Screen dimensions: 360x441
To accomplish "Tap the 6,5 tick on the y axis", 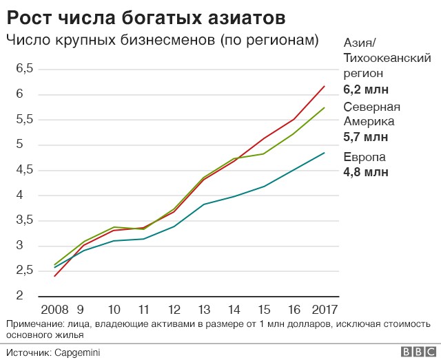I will [25, 68].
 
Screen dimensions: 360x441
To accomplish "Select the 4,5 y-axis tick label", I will [25, 170].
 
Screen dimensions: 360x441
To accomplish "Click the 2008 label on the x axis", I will [54, 309].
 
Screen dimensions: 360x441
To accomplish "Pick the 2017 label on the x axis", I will [324, 309].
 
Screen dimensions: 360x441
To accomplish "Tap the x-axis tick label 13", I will [203, 309].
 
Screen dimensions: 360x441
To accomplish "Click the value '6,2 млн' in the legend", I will [366, 89].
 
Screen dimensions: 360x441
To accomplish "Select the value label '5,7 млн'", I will [366, 137].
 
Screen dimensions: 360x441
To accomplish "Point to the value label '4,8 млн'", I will [366, 172].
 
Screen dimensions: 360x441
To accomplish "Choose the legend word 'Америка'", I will [370, 122].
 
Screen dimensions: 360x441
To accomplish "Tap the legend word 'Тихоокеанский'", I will [387, 59].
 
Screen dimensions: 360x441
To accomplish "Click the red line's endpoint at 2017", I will [325, 86].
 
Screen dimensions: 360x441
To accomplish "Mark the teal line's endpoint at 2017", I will [325, 153].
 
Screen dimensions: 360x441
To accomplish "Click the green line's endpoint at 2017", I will [325, 108].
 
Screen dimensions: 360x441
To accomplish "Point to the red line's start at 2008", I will [54, 276].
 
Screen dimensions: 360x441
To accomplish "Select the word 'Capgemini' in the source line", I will [76, 352].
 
